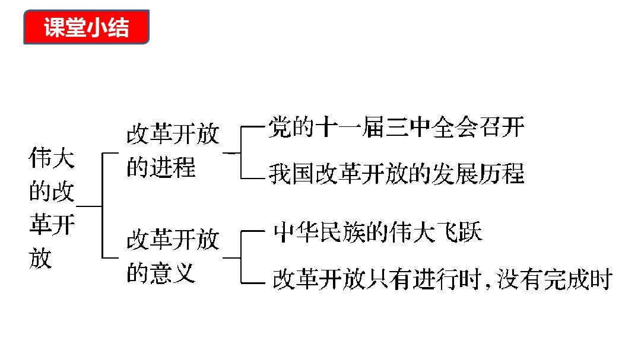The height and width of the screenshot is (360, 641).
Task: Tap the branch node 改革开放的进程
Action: click(172, 151)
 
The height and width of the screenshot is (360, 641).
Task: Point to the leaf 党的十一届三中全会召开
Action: click(396, 128)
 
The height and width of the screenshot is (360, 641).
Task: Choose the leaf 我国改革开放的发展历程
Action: click(396, 174)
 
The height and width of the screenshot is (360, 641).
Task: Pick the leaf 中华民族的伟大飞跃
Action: click(377, 232)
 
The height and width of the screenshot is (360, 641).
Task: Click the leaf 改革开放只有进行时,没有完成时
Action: click(442, 279)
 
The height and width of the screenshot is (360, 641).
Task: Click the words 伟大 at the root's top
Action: click(52, 159)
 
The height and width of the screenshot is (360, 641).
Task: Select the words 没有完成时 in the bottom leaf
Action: click(550, 279)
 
